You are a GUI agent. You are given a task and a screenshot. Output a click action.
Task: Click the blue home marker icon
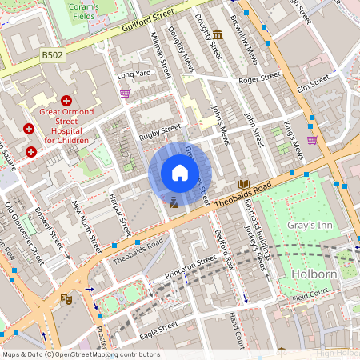[x=180, y=173]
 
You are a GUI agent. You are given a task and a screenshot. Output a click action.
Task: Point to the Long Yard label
[x=133, y=75]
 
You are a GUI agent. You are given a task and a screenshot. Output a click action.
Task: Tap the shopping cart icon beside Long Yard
[x=125, y=94]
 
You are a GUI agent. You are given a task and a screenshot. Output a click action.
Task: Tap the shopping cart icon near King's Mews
[x=312, y=139]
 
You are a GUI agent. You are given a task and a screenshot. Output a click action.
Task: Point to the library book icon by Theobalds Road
[x=244, y=183]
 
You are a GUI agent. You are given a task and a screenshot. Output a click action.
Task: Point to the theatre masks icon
[x=66, y=298]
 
